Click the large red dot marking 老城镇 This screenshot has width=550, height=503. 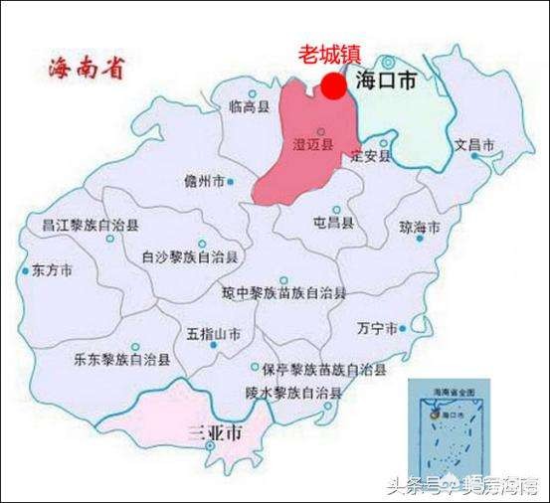coord(334,87)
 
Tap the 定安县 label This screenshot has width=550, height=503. coord(371,156)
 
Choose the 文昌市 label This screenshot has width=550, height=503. coord(474,145)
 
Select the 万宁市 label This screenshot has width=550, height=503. coord(376,328)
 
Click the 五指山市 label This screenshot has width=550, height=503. coord(214,334)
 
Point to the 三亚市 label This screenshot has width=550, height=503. coord(216,434)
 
